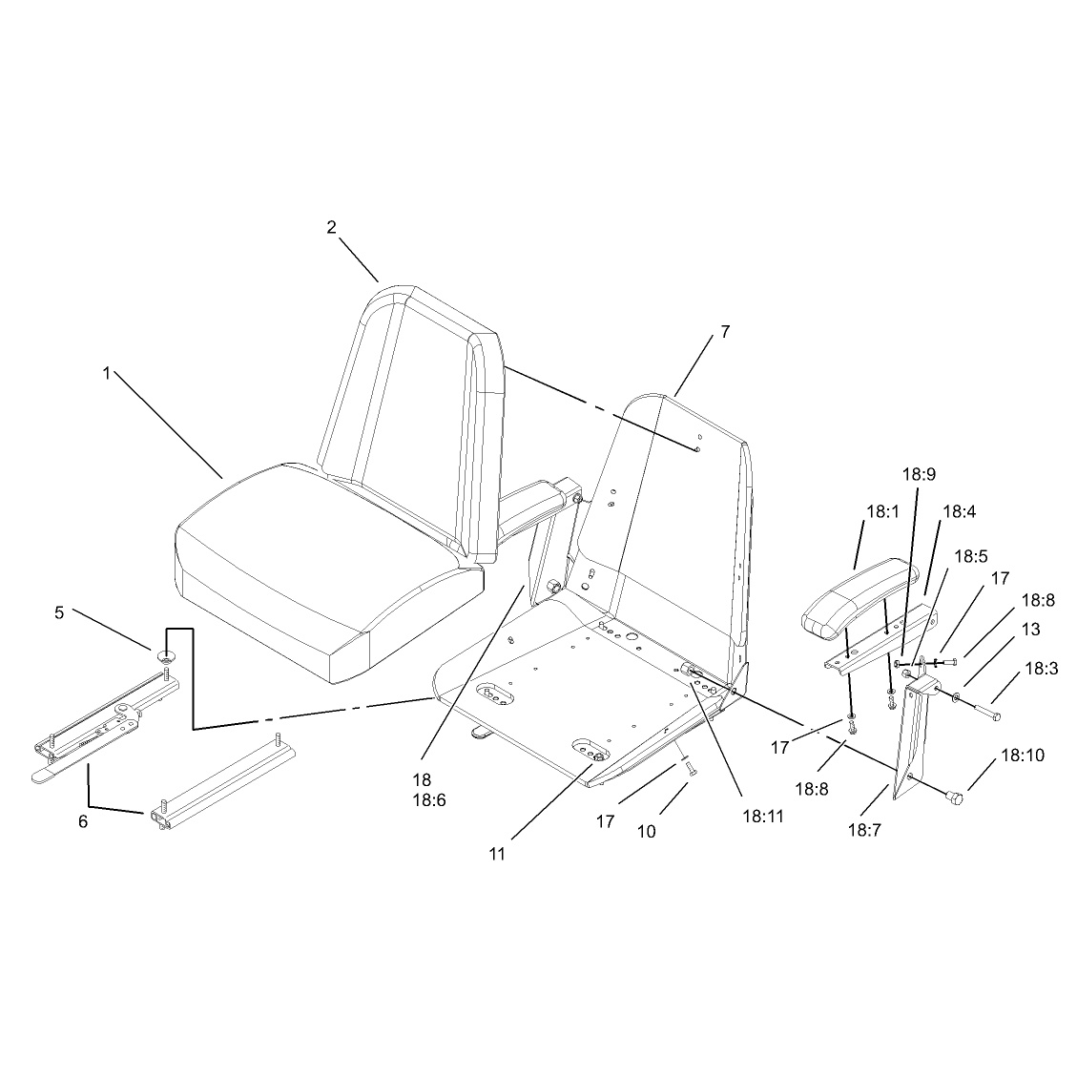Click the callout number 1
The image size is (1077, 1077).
pyautogui.click(x=107, y=373)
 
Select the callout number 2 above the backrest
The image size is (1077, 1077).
pyautogui.click(x=332, y=227)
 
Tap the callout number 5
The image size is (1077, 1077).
pyautogui.click(x=60, y=612)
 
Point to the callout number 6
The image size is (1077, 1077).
pyautogui.click(x=83, y=821)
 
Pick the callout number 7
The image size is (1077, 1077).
pyautogui.click(x=725, y=332)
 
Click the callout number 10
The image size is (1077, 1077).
pyautogui.click(x=647, y=831)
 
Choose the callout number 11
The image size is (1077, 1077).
pyautogui.click(x=497, y=854)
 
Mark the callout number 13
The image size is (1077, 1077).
pyautogui.click(x=1031, y=630)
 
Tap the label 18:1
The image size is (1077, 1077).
pyautogui.click(x=883, y=511)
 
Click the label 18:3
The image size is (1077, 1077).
pyautogui.click(x=1042, y=669)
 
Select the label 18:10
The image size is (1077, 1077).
pyautogui.click(x=1023, y=756)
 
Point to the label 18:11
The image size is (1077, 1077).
pyautogui.click(x=763, y=816)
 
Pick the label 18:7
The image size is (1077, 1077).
pyautogui.click(x=864, y=831)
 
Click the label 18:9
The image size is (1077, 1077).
pyautogui.click(x=919, y=475)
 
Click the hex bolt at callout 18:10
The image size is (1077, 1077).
pyautogui.click(x=953, y=797)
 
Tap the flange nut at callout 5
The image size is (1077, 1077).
pyautogui.click(x=167, y=656)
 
